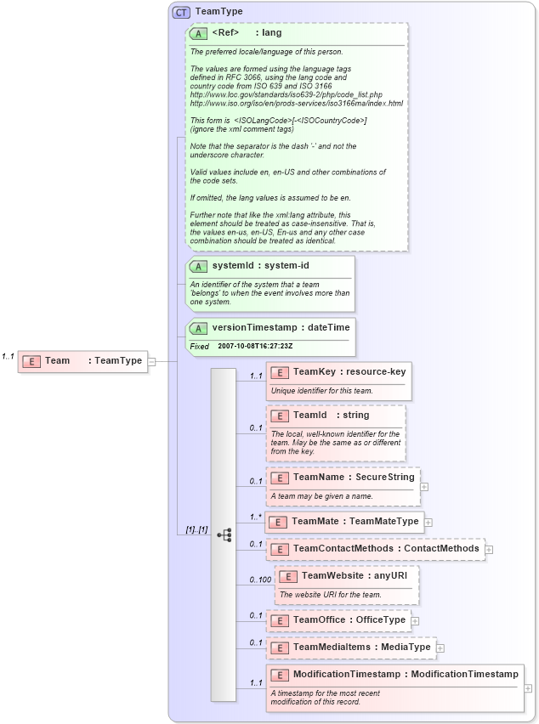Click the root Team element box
(82, 361)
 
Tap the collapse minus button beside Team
(151, 361)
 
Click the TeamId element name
(309, 415)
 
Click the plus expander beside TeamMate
(428, 522)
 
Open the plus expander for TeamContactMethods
(489, 549)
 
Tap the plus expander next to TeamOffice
(415, 620)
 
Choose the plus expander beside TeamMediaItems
(440, 648)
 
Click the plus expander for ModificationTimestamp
(529, 688)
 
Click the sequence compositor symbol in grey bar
(224, 535)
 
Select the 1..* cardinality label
(255, 517)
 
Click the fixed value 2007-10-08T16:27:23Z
(255, 347)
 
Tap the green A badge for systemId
(197, 266)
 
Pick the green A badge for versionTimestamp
(197, 327)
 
